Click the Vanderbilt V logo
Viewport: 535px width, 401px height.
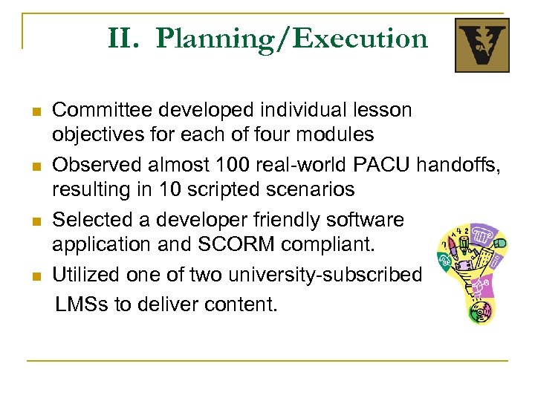481,45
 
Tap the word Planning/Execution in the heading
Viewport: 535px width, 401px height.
292,38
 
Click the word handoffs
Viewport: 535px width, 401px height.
461,165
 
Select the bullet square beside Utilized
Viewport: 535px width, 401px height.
34,276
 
